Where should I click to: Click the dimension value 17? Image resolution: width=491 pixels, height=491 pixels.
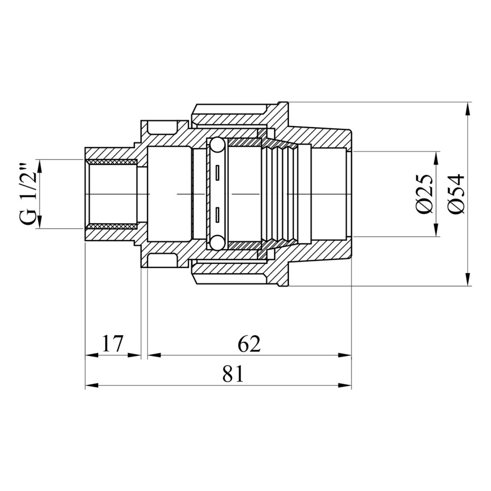pyautogui.click(x=112, y=344)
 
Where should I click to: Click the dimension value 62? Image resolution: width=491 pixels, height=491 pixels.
pyautogui.click(x=249, y=344)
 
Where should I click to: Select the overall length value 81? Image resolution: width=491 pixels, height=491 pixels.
pyautogui.click(x=232, y=374)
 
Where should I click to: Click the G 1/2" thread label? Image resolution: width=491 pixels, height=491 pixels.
pyautogui.click(x=30, y=194)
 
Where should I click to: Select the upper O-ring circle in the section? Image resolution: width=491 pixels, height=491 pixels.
pyautogui.click(x=216, y=146)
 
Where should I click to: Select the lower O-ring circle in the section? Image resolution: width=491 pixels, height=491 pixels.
pyautogui.click(x=216, y=243)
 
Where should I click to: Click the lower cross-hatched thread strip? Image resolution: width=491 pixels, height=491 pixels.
pyautogui.click(x=111, y=226)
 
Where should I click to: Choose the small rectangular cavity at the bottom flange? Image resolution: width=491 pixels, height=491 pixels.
pyautogui.click(x=162, y=260)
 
